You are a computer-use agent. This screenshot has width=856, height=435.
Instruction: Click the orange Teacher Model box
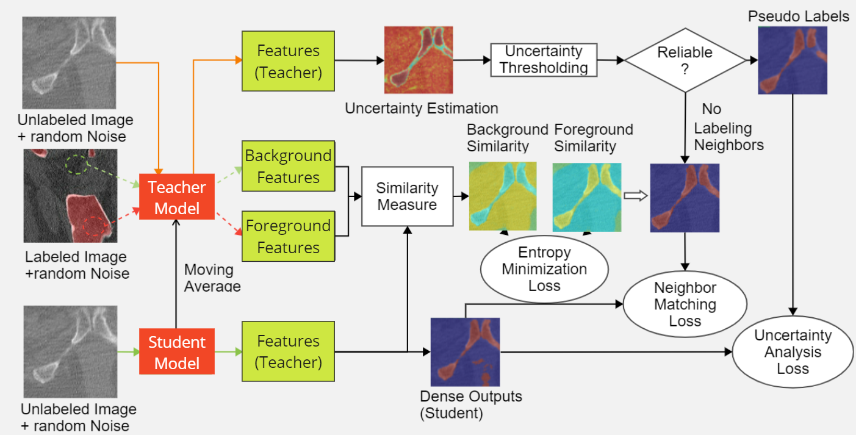[x=176, y=198]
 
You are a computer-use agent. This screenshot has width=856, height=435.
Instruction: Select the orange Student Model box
[x=176, y=353]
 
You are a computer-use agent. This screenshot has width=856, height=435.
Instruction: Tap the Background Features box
[x=288, y=167]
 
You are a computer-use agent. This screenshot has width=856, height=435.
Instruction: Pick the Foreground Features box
[x=288, y=236]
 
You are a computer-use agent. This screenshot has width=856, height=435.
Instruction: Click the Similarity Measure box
[x=407, y=196]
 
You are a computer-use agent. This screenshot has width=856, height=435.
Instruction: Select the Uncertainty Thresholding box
[x=544, y=59]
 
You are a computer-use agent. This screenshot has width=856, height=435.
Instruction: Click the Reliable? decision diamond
[x=685, y=60]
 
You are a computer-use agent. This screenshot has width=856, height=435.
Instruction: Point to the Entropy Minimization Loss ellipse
[x=544, y=269]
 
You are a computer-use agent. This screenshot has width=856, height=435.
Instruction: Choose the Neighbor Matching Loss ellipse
[x=685, y=304]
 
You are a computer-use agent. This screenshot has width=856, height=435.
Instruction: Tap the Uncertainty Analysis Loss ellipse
[x=793, y=351]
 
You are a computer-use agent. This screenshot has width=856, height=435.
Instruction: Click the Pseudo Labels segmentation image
[x=793, y=60]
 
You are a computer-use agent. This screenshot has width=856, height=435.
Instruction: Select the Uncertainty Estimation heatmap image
[x=419, y=59]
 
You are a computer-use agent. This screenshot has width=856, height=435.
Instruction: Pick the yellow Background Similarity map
[x=503, y=196]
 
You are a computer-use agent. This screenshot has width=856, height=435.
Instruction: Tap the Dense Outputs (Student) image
[x=465, y=351]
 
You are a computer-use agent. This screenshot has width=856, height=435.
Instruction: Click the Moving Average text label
[x=212, y=278]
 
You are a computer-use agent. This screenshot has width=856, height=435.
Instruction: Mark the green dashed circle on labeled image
[x=77, y=164]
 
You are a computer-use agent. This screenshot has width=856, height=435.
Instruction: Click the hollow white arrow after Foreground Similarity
[x=635, y=196]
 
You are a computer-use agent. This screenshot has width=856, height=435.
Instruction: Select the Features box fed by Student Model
[x=288, y=351]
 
